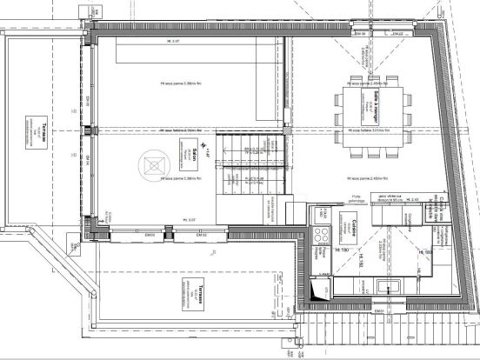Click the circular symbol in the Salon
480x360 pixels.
point(156,163)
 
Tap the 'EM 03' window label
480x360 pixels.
point(150,235)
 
